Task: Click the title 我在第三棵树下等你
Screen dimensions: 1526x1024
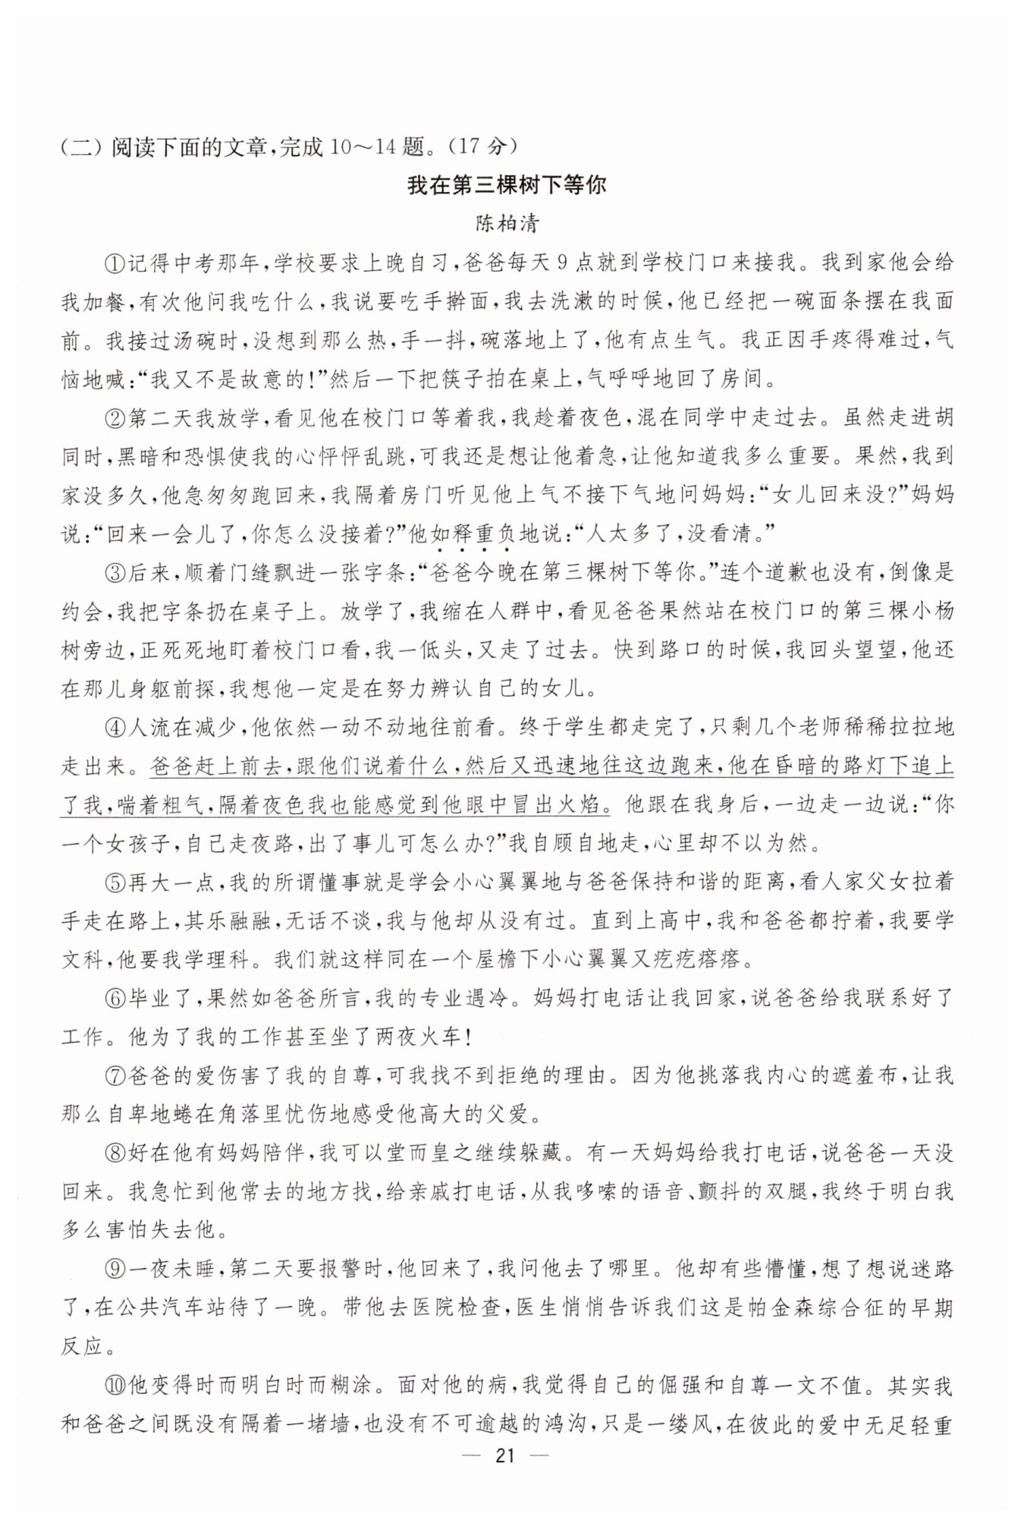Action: (507, 184)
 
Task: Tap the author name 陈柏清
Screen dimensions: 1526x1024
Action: (507, 224)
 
